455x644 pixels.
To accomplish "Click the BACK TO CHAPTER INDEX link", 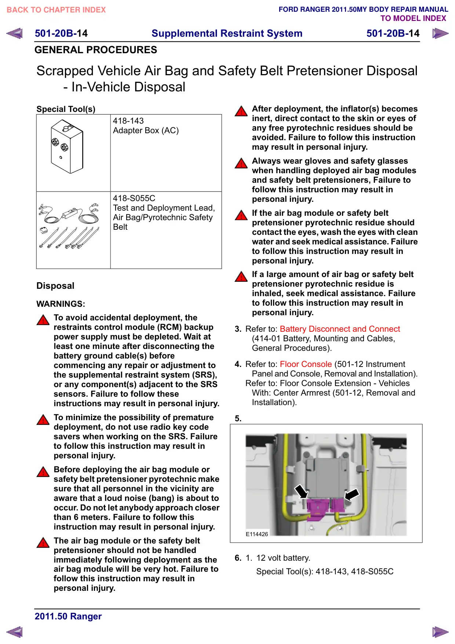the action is coord(56,10).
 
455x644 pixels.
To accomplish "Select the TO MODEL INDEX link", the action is coord(413,18).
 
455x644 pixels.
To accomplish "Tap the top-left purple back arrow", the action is coord(14,33).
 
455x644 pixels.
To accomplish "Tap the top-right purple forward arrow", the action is coord(440,33).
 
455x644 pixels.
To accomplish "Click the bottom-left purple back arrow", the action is coord(14,632).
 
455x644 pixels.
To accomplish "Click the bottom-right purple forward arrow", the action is coord(440,632).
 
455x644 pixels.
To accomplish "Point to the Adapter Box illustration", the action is coord(67,146).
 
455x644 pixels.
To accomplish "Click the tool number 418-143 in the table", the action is coord(128,121).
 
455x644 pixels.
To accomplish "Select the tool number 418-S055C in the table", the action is coord(134,198).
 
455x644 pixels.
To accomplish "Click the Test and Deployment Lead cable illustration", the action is coord(69,226).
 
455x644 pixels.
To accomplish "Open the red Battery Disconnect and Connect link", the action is coord(340,329).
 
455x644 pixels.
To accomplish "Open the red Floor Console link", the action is coord(306,364).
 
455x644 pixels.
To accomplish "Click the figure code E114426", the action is coord(257,534).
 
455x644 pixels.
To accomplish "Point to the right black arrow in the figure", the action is coord(352,494).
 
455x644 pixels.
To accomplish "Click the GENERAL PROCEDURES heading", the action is coord(96,50).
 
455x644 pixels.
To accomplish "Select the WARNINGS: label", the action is coord(61,304).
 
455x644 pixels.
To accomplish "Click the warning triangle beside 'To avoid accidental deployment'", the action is coord(43,320).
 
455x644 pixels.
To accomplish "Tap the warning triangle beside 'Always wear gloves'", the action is coord(241,163).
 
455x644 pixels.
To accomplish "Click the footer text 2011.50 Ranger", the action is coord(68,616).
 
